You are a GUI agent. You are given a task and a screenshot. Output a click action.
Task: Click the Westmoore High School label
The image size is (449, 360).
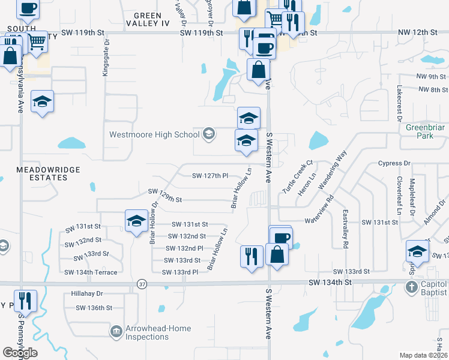154,134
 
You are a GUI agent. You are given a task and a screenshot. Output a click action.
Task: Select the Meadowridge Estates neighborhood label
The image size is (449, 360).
40,174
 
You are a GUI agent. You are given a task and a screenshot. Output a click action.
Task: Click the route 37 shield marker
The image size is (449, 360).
142,283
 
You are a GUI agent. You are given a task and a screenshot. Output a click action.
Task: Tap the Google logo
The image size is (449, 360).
20,353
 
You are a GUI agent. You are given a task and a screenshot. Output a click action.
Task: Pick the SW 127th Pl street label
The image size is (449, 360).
210,176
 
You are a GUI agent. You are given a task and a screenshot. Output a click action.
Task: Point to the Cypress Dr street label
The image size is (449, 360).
394,163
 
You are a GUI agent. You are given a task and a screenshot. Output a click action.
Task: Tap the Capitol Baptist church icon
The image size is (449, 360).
411,287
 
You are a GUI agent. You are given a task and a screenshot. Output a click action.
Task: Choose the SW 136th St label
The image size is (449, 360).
94,308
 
